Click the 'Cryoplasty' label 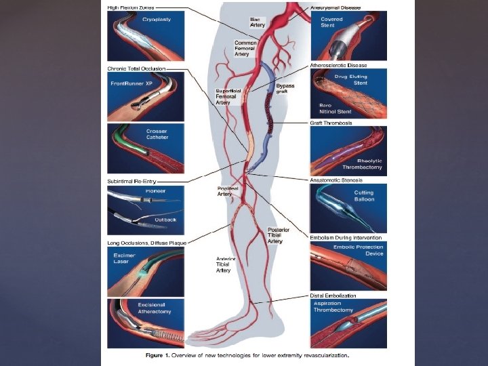156,20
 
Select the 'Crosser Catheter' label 157,134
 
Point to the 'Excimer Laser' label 125,258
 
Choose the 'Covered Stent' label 332,23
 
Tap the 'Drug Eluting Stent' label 351,80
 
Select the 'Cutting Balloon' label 363,197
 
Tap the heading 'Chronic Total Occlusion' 136,68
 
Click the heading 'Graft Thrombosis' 331,123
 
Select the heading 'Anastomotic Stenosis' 336,180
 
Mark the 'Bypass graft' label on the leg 285,89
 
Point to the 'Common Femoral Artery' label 245,49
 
